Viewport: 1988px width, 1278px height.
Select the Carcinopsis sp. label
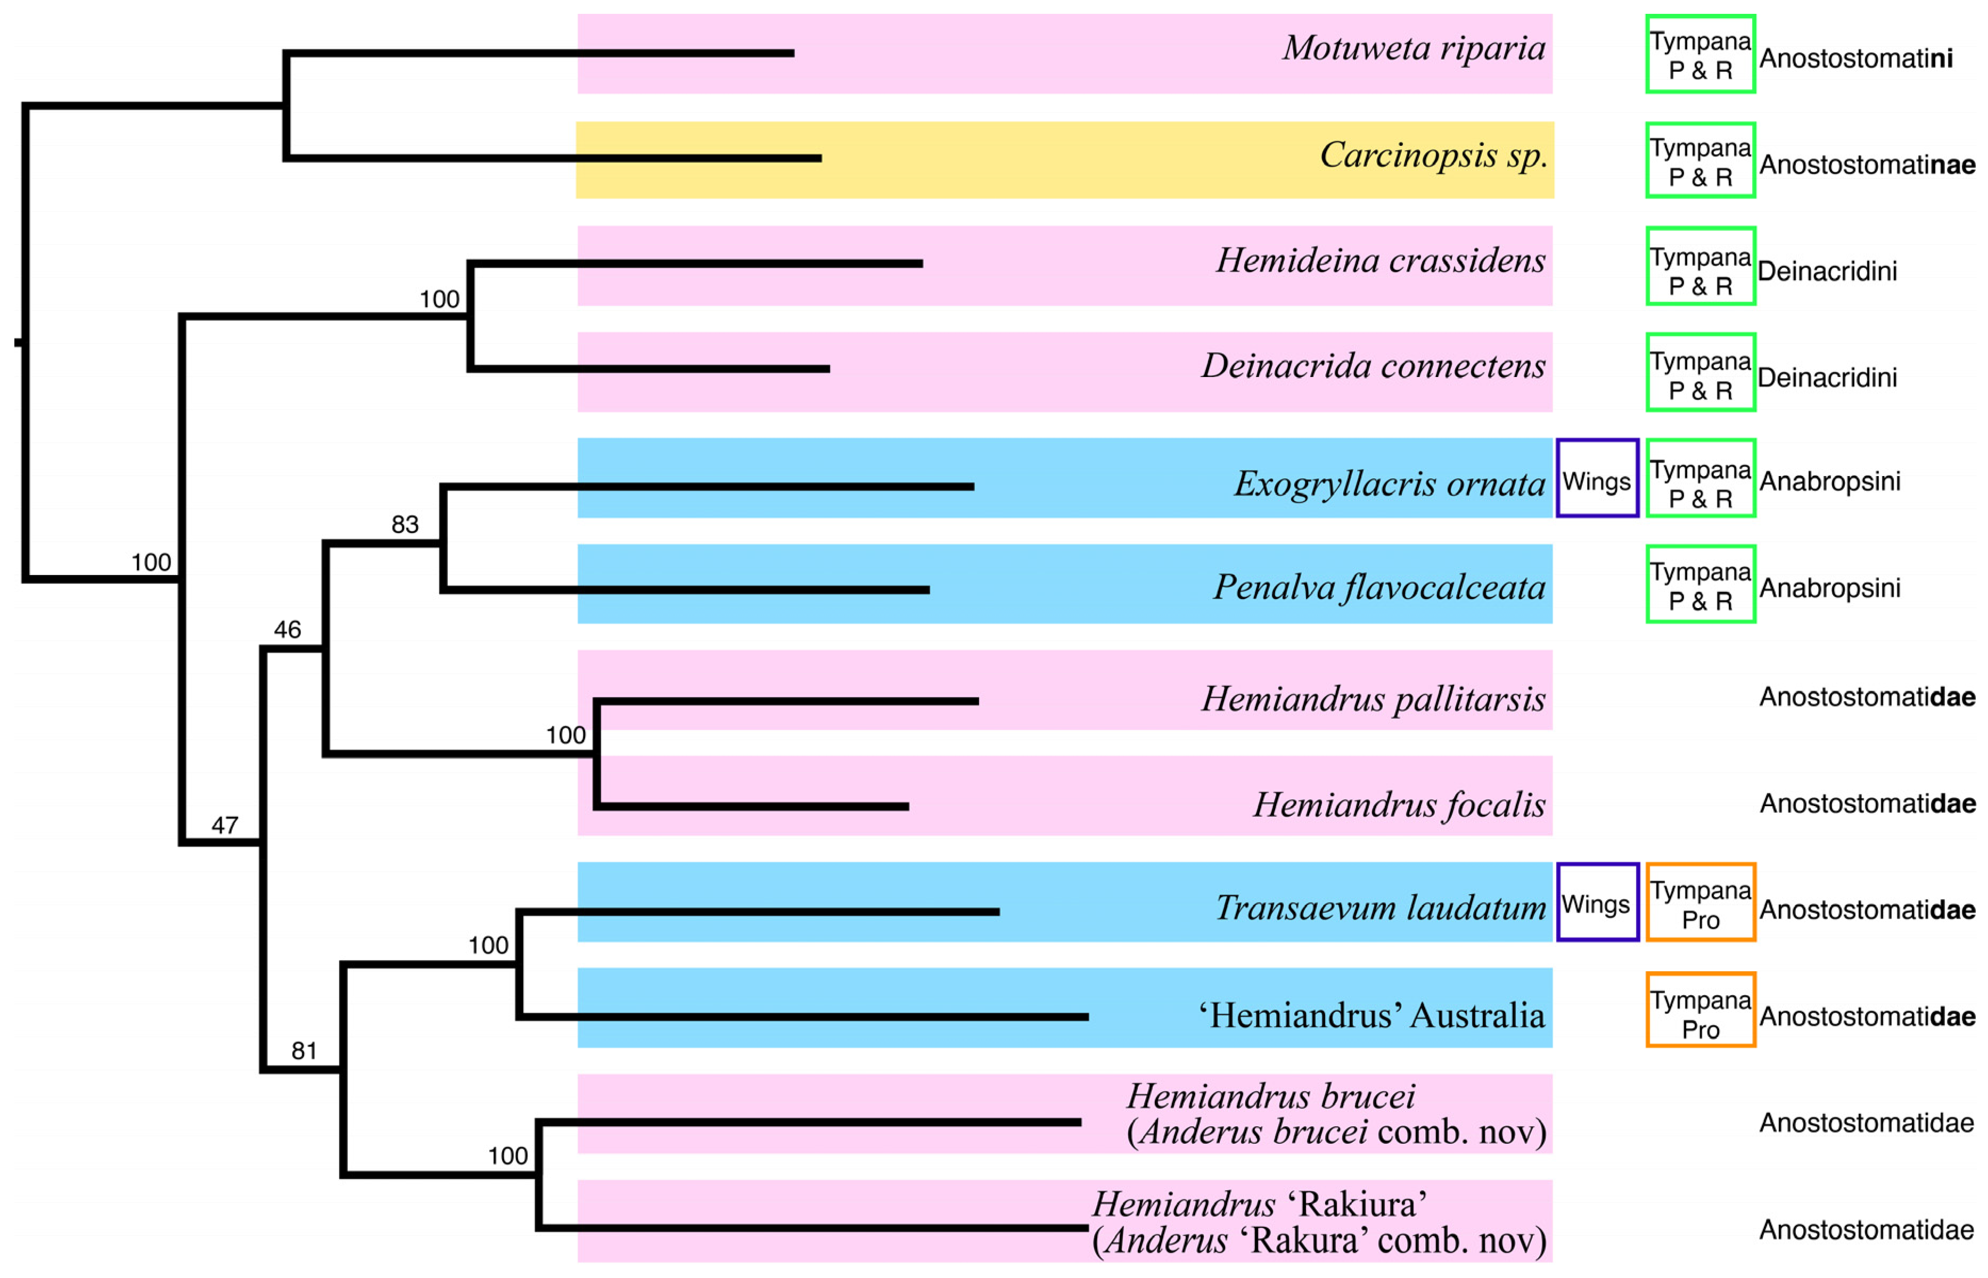coord(1433,155)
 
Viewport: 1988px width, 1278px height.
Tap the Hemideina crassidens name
coord(1380,260)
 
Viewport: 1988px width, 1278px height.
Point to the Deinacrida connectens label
coord(1373,366)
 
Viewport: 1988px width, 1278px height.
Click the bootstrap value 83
coord(405,525)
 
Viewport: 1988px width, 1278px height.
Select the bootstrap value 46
coord(287,630)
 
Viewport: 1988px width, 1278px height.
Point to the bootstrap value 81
coord(305,1051)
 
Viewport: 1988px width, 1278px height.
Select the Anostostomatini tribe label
coord(1855,59)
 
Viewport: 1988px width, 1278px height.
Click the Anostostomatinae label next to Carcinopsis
coord(1867,165)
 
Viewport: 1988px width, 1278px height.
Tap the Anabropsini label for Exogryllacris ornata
coord(1829,481)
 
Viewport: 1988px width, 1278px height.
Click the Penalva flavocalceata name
coord(1379,587)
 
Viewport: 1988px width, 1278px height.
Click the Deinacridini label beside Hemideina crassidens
coord(1827,272)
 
